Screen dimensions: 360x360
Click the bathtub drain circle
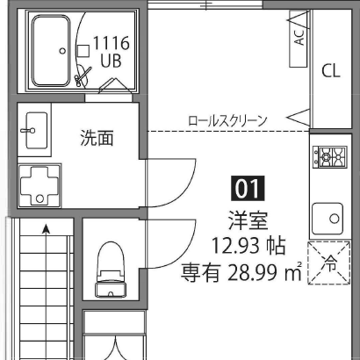(62, 51)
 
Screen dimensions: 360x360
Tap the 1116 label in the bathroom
(112, 43)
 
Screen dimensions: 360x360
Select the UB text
(111, 61)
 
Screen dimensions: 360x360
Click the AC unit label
(299, 37)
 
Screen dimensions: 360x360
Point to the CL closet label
(331, 71)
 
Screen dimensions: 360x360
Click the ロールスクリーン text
(227, 121)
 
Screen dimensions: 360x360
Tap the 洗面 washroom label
(97, 138)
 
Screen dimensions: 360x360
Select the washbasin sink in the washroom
(35, 130)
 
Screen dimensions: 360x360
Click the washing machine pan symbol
(40, 186)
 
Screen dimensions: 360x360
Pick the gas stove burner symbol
(330, 157)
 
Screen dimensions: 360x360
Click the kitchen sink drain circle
(335, 219)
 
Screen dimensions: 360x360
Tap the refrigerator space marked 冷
(328, 263)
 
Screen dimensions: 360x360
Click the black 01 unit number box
(248, 188)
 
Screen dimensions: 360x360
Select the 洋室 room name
(248, 221)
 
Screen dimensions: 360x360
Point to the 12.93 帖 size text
(248, 246)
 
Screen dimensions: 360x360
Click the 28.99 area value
(252, 272)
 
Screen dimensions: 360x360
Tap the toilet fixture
(110, 270)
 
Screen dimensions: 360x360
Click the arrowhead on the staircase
(46, 228)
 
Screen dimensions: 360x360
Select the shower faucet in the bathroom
(83, 76)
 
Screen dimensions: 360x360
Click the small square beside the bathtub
(83, 51)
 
